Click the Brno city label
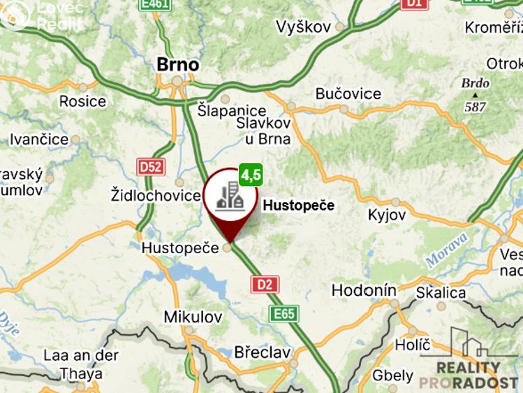coord(177,64)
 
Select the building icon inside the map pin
coord(230,195)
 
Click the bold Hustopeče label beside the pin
coord(298,206)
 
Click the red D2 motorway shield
coord(265,284)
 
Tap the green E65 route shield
coord(285,313)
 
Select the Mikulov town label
coord(187,316)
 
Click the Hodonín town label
coord(364,290)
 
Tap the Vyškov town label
coord(303,27)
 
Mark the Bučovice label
coord(348,94)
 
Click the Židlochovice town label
coord(156,194)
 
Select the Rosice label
coord(82,101)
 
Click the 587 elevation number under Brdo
coord(475,107)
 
